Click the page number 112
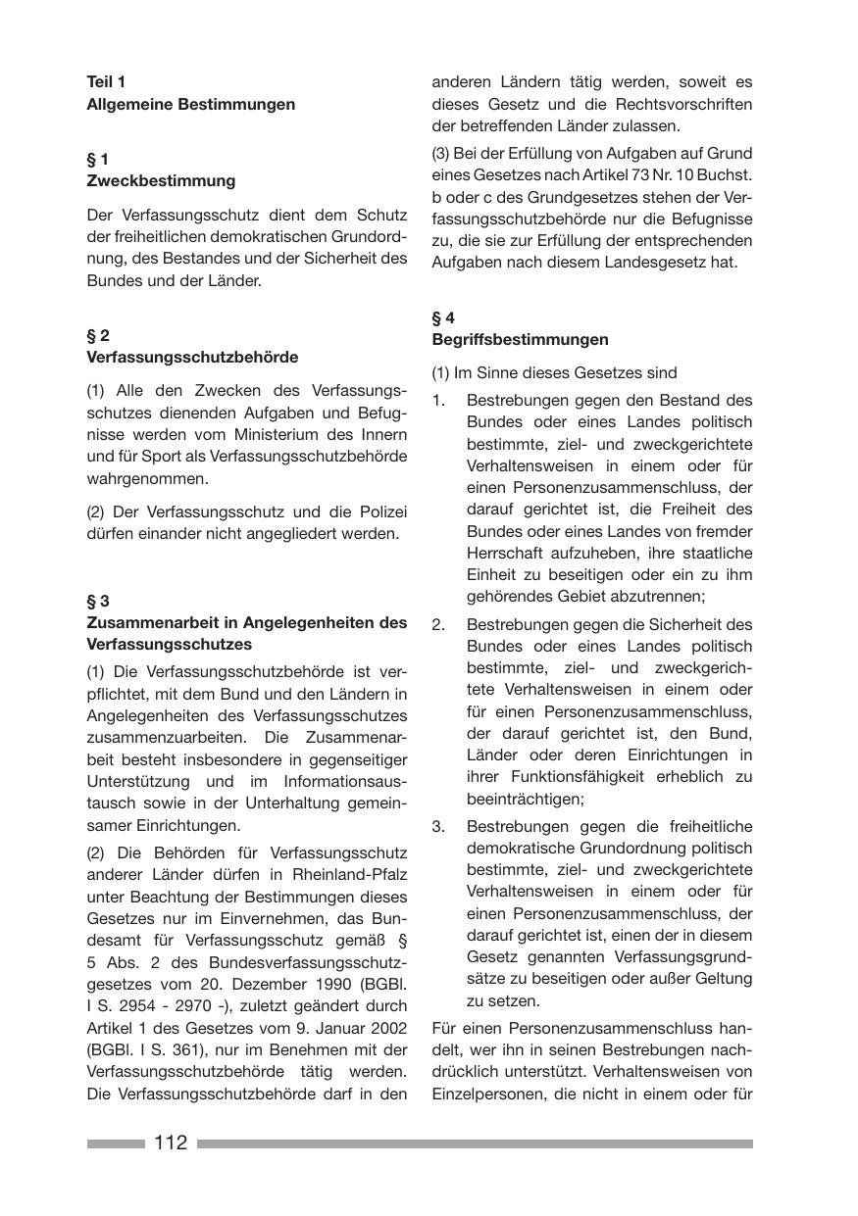[x=170, y=1143]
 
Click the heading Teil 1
[x=106, y=82]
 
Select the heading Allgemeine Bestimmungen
[x=190, y=104]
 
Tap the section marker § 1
[x=98, y=159]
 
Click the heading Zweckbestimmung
[x=161, y=180]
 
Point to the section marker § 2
[x=98, y=335]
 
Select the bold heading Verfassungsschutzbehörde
[x=192, y=357]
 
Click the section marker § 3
[x=98, y=601]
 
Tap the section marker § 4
[x=443, y=317]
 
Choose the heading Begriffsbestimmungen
[x=520, y=339]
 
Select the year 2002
[x=385, y=1028]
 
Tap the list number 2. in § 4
[x=438, y=624]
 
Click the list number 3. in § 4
[x=438, y=826]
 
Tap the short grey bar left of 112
[x=116, y=1143]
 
